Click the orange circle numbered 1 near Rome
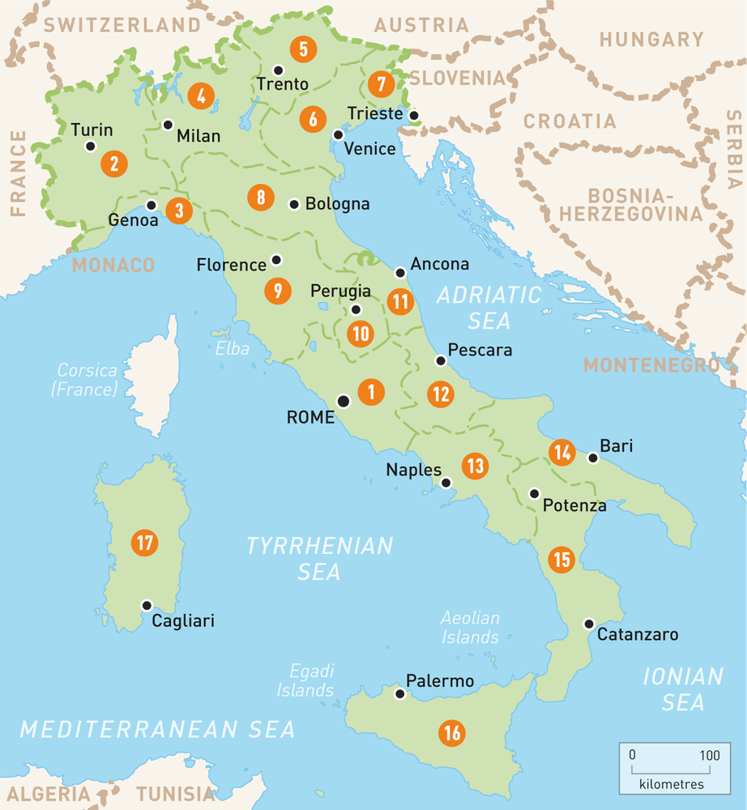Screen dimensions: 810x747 coord(371,393)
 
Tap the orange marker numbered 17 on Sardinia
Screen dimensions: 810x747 coord(145,543)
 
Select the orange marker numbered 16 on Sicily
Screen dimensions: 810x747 coord(451,734)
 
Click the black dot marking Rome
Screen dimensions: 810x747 coord(344,400)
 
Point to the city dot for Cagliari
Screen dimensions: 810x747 coord(147,605)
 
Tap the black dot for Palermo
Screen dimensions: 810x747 coord(399,694)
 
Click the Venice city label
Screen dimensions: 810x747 coord(369,149)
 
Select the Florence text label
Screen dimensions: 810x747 coord(231,265)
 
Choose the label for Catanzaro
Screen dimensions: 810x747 coord(638,635)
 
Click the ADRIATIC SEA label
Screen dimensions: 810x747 coord(489,308)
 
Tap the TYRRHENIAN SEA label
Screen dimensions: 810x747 coord(319,558)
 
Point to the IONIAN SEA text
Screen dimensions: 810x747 coord(682,688)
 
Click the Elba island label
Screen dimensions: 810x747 coord(232,349)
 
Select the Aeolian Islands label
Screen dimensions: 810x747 coord(470,628)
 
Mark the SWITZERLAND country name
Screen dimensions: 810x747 coord(122,25)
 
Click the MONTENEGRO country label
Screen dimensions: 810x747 coord(651,365)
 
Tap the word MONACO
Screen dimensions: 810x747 coord(113,265)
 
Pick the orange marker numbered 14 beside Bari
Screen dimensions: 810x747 coord(562,452)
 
